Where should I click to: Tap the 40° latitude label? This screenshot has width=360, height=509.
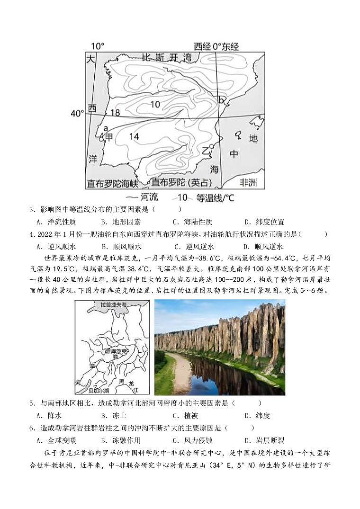click(x=77, y=114)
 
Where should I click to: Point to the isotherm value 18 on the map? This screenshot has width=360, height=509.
click(x=115, y=113)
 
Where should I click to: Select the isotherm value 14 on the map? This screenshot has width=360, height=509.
click(x=134, y=137)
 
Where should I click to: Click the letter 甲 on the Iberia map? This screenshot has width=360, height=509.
click(x=109, y=137)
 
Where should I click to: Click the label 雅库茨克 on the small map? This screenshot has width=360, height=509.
click(x=115, y=351)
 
